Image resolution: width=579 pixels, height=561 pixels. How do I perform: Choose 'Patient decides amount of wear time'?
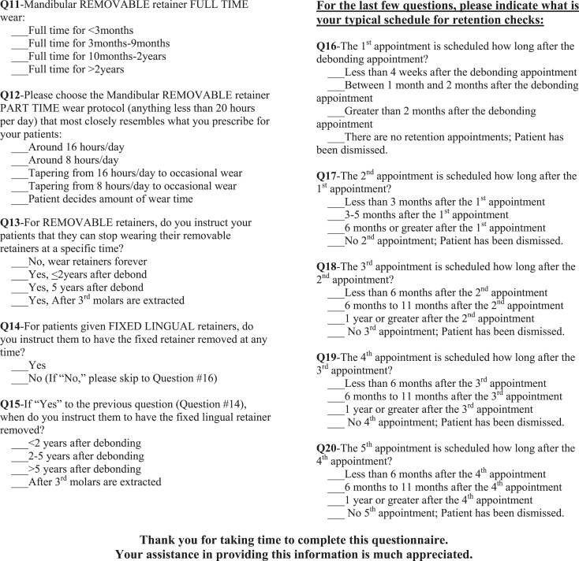click(21, 199)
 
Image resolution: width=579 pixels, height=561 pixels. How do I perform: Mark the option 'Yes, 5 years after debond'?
click(21, 288)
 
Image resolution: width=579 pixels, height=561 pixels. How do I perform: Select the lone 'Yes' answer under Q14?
click(21, 366)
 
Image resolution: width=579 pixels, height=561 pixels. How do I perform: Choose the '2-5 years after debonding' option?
click(21, 455)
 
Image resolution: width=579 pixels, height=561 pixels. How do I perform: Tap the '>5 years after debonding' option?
click(21, 469)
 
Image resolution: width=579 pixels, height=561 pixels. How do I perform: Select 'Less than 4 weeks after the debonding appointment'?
click(335, 72)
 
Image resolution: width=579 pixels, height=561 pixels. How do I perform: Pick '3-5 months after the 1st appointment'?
click(335, 214)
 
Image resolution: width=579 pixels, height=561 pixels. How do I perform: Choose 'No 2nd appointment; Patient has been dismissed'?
click(335, 240)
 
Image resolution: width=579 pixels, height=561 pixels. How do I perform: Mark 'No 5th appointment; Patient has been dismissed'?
click(335, 512)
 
